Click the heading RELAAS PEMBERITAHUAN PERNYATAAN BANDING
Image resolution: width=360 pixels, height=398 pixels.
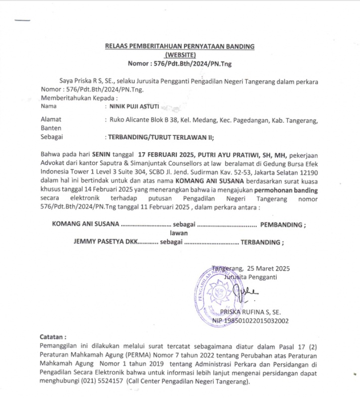coord(180,46)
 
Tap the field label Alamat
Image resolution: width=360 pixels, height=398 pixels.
coord(50,120)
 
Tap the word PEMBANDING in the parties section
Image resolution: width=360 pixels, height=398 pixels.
coord(281,224)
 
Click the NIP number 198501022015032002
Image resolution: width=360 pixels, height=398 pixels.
coord(257,321)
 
